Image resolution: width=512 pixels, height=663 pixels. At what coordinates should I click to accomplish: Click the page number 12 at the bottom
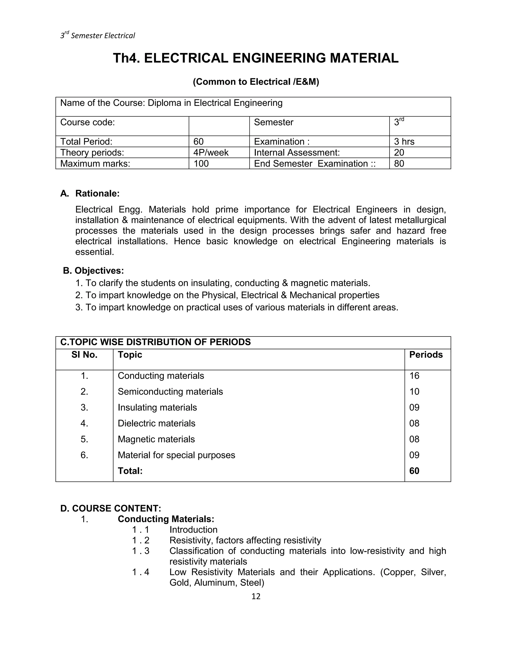(256, 596)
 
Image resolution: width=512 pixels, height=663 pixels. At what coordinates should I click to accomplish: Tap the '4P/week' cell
(211, 152)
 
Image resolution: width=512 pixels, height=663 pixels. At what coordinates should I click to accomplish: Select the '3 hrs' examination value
(404, 141)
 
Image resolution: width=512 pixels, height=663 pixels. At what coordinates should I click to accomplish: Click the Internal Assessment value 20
(399, 152)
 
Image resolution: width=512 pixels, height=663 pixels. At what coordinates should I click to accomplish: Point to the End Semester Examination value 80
(399, 164)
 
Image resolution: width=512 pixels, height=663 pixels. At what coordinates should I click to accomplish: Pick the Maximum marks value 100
(201, 164)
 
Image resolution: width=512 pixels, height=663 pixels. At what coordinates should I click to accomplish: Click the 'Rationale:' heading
(97, 193)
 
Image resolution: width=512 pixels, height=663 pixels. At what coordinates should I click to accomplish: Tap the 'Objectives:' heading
(99, 270)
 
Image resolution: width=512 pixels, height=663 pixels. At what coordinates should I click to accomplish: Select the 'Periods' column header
(426, 355)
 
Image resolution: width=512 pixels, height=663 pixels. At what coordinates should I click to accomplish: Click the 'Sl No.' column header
(84, 355)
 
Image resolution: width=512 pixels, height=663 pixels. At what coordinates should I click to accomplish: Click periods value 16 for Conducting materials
(414, 376)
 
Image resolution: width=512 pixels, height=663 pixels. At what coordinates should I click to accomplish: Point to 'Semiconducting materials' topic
(170, 392)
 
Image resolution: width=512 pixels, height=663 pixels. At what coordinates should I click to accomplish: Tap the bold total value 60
(414, 471)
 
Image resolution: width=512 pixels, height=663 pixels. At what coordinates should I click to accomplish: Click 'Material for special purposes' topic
(176, 455)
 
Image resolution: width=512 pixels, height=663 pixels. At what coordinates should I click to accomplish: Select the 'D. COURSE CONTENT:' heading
(111, 508)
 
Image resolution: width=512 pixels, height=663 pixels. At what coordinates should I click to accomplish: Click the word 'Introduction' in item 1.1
(193, 530)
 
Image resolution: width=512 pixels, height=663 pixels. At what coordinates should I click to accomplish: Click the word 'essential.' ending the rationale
(95, 252)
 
